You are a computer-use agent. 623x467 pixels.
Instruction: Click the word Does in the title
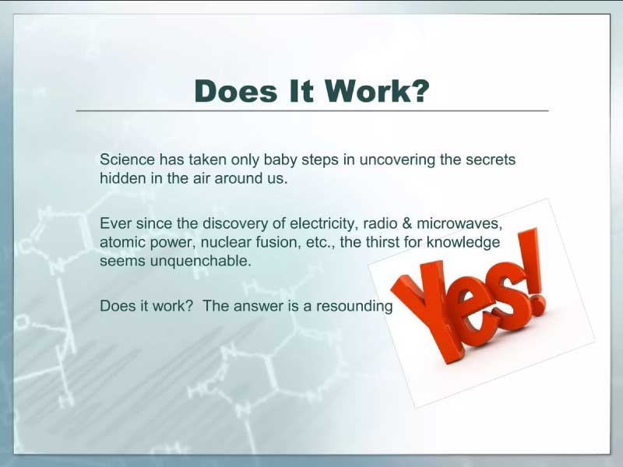(x=236, y=91)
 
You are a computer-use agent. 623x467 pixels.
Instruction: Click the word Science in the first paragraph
(x=127, y=160)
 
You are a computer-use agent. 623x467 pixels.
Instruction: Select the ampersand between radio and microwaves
(x=407, y=223)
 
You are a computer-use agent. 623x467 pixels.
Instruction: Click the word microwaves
(x=459, y=224)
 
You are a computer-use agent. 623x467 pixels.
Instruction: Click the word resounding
(x=354, y=307)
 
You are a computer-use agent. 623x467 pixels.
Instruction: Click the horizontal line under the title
(x=312, y=111)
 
